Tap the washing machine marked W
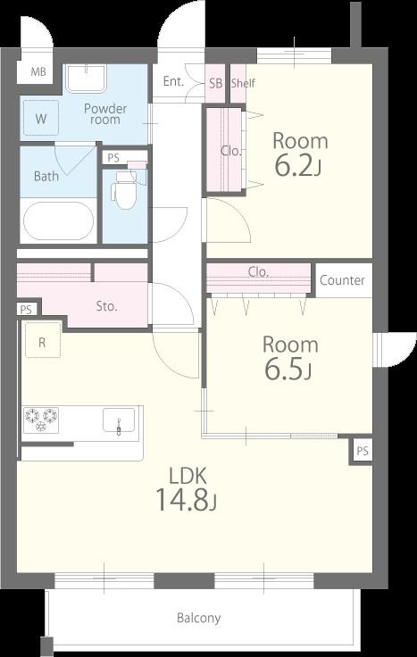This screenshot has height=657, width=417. coord(41,118)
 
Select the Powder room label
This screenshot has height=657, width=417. coord(105,114)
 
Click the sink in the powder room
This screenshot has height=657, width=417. coord(86,78)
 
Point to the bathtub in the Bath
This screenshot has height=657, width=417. coord(58,220)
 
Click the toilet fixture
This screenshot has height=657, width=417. coord(124,190)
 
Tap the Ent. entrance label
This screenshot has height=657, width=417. coord(173,81)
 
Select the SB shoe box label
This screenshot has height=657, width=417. coord(215,83)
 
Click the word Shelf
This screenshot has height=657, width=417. coord(243,83)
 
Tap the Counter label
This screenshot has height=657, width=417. coord(342,280)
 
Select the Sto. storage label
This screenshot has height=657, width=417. coord(106,306)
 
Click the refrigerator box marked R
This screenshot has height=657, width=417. coord(42,340)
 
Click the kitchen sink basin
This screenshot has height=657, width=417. coord(119,420)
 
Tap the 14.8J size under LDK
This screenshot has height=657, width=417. coord(186,499)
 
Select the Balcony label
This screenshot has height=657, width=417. coord(198,618)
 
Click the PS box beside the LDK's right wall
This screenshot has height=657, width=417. coord(363,451)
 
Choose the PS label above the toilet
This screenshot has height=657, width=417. coord(113,158)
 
